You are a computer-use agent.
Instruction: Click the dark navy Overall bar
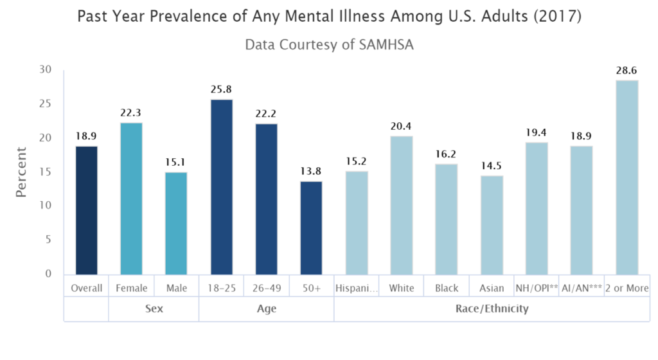87,210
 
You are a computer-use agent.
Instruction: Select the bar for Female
131,199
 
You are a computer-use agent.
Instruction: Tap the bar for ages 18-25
221,187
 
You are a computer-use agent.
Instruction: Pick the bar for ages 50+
311,228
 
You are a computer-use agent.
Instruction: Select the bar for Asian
492,225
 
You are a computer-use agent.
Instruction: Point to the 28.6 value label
627,69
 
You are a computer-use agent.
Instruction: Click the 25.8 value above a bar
221,88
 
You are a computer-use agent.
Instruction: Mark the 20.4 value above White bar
402,125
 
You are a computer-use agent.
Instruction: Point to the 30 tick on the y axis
44,69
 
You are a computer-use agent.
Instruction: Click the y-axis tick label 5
48,240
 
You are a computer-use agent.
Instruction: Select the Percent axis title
22,172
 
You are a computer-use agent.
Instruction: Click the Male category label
176,288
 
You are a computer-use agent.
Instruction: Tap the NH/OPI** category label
537,288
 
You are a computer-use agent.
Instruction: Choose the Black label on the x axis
447,288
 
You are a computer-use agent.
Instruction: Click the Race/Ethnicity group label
492,309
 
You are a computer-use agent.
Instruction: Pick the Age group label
266,309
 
